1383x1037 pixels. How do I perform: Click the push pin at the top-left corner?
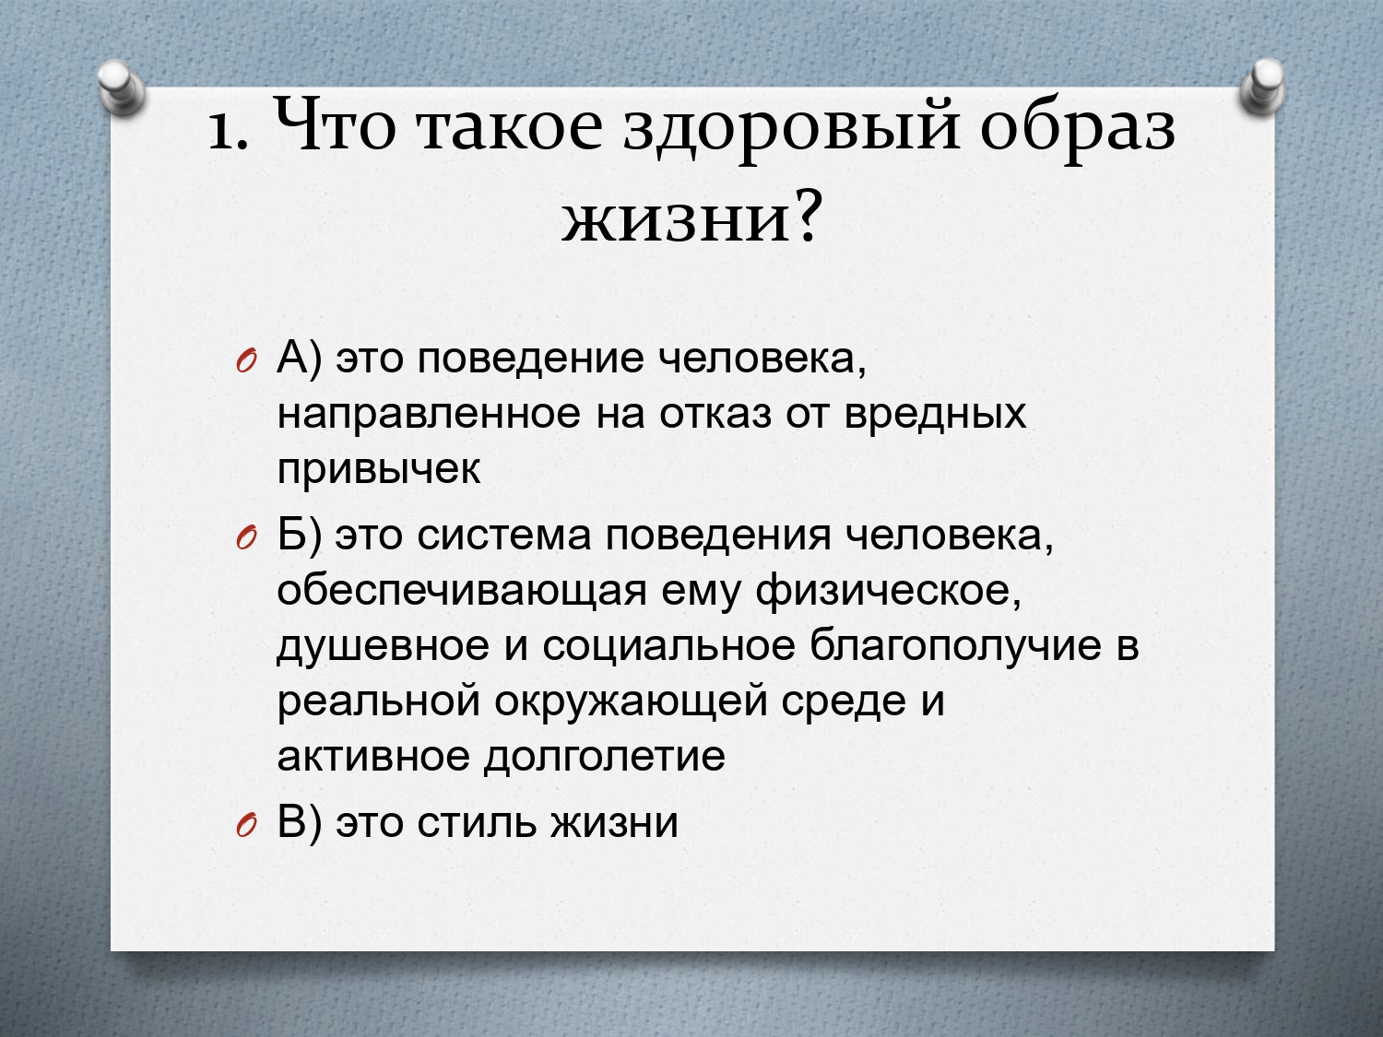[123, 88]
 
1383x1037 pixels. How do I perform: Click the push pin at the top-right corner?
[1263, 88]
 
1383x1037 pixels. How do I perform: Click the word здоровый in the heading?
[792, 130]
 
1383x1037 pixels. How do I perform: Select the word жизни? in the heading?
[691, 218]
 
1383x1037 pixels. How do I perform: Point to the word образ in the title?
[1078, 130]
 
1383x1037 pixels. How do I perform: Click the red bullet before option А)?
[246, 360]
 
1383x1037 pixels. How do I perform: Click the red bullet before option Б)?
[246, 537]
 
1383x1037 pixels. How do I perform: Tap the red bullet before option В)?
[246, 825]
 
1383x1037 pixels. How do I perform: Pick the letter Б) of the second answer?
[300, 536]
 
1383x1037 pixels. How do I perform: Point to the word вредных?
[934, 415]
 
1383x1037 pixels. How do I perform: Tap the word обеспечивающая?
[462, 592]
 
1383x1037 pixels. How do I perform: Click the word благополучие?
[955, 647]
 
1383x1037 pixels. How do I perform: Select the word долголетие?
[604, 757]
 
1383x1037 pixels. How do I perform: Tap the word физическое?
[889, 592]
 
